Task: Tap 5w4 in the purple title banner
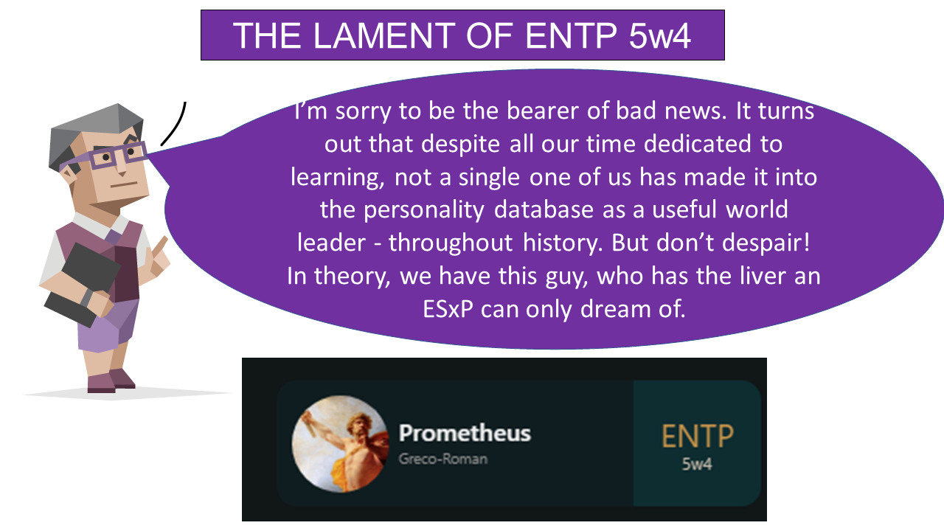[660, 36]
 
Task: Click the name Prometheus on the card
[465, 433]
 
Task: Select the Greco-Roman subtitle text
[442, 459]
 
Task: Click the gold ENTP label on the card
[697, 437]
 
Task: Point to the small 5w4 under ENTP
[697, 465]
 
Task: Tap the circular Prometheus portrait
[340, 443]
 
